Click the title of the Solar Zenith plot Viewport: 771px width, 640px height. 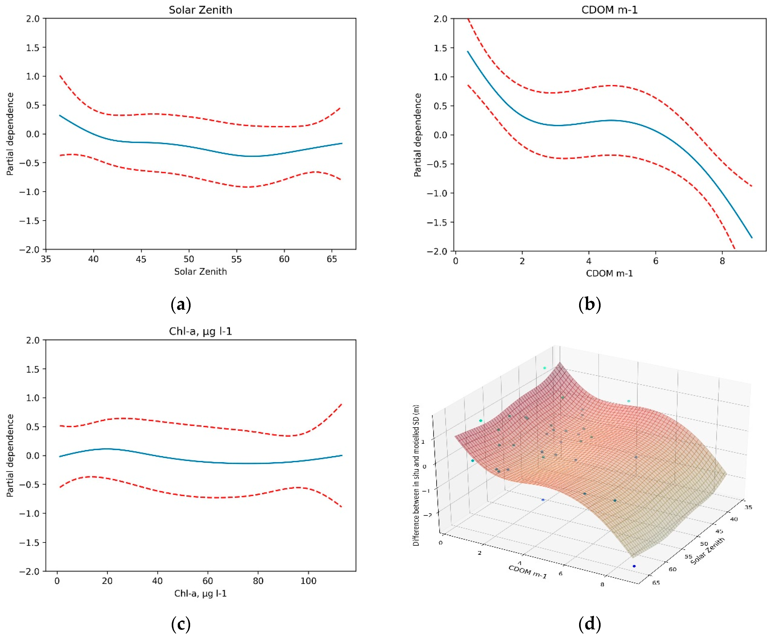pos(201,10)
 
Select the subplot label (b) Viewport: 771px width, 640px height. pos(589,304)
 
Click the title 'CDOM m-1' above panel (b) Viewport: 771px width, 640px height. pos(609,10)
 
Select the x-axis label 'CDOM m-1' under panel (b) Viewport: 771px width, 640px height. pos(609,273)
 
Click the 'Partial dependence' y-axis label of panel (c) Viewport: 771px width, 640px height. pos(10,455)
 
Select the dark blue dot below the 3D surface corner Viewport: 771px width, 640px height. pos(634,566)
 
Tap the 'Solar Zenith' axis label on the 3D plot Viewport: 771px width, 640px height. pos(708,551)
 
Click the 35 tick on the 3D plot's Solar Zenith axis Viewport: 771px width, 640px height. pos(748,507)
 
